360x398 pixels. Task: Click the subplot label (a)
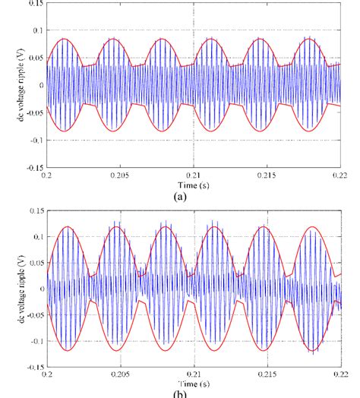click(x=180, y=196)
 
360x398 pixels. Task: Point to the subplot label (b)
click(x=180, y=394)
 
